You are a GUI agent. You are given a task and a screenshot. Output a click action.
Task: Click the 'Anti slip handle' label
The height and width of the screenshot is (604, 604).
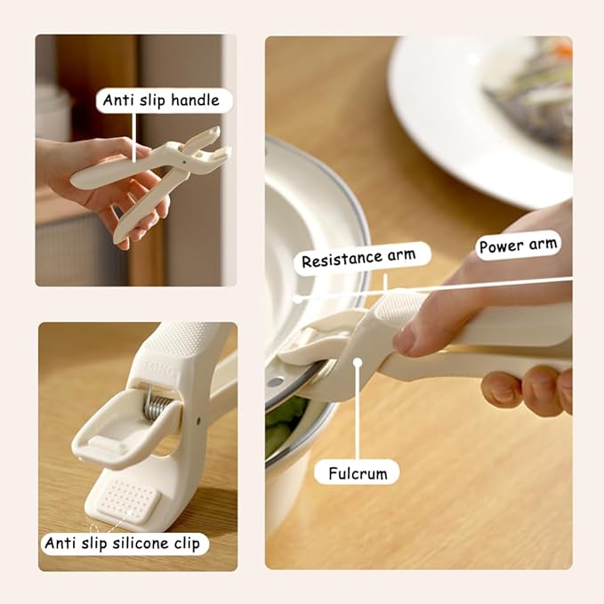(x=161, y=101)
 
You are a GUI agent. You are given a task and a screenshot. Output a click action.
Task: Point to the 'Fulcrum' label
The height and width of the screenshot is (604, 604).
(x=357, y=472)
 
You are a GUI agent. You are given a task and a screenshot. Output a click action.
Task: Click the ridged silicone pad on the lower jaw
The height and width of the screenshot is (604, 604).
(x=126, y=499)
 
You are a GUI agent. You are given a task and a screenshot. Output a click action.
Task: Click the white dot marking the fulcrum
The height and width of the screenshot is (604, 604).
(x=357, y=360)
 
